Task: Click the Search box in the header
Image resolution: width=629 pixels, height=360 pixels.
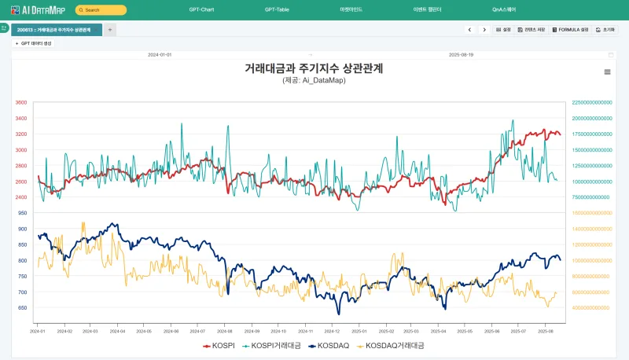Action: (101, 10)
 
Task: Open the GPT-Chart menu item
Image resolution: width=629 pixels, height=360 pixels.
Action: (201, 9)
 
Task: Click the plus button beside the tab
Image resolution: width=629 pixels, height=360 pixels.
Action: (110, 29)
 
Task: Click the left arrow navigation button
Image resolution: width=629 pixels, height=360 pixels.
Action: (470, 30)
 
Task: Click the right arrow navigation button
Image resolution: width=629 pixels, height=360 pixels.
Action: (484, 30)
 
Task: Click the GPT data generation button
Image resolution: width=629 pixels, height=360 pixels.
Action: (33, 43)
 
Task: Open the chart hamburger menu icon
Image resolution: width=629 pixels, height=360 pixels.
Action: (607, 72)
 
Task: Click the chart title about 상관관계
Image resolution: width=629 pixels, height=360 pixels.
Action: (314, 68)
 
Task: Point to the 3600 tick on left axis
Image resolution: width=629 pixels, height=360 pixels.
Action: (20, 102)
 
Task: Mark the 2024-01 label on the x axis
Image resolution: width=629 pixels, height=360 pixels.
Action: (38, 331)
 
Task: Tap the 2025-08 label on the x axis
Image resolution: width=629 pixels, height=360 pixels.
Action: (549, 331)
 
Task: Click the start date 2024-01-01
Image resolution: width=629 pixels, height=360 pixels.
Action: (160, 55)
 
